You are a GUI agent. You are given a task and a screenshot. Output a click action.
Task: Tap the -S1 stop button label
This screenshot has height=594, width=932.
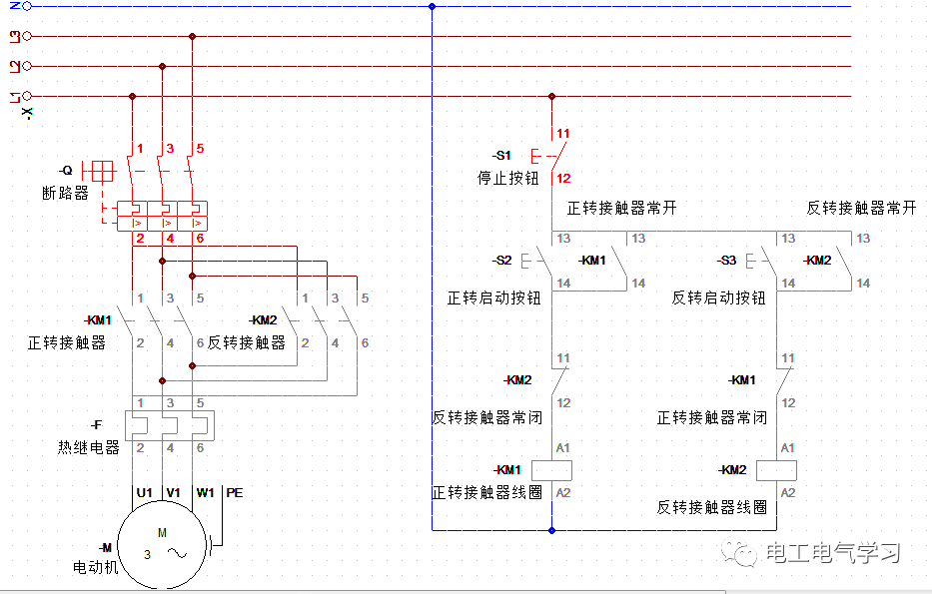point(501,156)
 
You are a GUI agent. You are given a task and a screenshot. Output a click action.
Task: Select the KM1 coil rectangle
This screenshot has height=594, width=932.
point(551,470)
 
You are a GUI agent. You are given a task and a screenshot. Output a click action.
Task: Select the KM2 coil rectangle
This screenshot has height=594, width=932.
point(777,470)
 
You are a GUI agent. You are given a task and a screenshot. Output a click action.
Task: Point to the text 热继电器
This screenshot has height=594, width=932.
point(88,447)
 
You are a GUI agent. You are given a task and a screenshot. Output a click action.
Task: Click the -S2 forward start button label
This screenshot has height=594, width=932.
point(501,261)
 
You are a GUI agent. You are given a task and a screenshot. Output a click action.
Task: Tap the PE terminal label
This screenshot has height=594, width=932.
point(235,492)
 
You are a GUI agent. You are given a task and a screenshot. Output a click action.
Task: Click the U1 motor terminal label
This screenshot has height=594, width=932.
point(144,492)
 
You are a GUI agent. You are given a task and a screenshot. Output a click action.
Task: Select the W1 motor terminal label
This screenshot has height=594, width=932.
point(205,492)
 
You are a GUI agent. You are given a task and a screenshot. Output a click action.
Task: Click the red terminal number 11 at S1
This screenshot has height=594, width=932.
point(563,134)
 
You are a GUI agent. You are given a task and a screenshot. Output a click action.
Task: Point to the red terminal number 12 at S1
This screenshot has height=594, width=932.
point(563,179)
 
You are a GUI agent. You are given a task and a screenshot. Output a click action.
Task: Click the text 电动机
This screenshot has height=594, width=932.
point(95,567)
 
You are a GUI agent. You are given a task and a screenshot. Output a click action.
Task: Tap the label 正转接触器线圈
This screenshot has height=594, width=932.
point(486,492)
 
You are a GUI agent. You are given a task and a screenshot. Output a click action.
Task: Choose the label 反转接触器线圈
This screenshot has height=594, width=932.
point(711,507)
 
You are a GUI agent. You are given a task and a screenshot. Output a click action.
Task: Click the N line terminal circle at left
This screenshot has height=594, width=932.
point(27,6)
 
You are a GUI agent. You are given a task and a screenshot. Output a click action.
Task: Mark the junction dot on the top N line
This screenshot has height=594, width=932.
point(432,6)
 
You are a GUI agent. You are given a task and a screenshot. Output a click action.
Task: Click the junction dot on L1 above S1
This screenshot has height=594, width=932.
point(551,97)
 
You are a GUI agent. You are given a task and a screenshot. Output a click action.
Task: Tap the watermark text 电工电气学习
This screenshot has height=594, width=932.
point(833,553)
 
